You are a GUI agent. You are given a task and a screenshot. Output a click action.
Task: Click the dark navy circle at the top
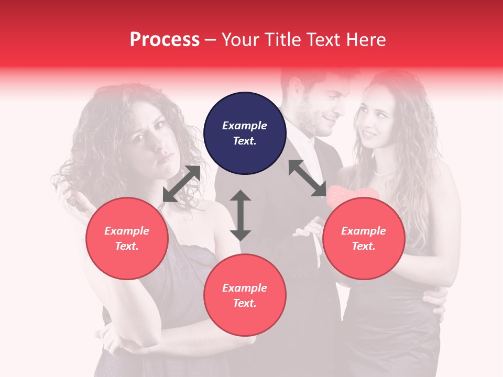click(245, 133)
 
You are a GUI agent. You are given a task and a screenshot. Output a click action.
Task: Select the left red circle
click(127, 238)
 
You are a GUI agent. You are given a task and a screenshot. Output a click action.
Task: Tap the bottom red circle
click(245, 295)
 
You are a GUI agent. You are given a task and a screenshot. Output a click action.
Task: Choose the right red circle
click(364, 238)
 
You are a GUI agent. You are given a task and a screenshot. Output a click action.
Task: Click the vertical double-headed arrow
click(240, 215)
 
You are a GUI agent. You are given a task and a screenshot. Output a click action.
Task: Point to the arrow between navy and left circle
click(182, 184)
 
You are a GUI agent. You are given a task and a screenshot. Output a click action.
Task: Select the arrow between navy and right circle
click(307, 178)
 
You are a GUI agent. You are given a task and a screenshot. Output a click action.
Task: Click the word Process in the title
click(165, 39)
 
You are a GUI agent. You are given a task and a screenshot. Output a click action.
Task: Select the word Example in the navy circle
click(245, 126)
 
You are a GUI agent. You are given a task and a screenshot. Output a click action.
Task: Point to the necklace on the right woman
click(385, 171)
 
